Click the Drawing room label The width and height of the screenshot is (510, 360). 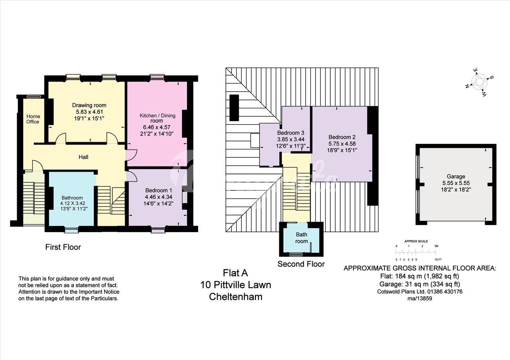click(89, 106)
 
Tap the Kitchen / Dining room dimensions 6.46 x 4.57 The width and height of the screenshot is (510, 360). click(157, 127)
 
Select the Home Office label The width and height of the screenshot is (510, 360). click(33, 119)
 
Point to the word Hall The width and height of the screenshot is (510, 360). click(83, 157)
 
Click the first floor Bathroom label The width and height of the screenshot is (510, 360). click(72, 198)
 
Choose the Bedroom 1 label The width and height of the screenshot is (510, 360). click(159, 190)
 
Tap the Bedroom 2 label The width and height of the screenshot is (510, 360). click(342, 137)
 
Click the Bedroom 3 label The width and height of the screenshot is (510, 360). click(290, 133)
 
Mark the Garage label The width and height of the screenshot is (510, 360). click(456, 176)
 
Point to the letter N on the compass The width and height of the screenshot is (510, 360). click(467, 86)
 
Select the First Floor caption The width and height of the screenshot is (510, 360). click(63, 247)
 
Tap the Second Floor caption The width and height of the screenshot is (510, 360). click(301, 264)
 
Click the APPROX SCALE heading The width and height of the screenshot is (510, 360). click(416, 241)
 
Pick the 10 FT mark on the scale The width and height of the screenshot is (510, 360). click(438, 259)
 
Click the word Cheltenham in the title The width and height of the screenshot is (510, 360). click(235, 297)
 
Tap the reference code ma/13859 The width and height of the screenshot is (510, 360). click(420, 298)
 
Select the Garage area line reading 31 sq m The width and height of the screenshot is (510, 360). click(420, 284)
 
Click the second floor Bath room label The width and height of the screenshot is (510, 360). click(302, 238)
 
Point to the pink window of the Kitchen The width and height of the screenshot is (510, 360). click(157, 78)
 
